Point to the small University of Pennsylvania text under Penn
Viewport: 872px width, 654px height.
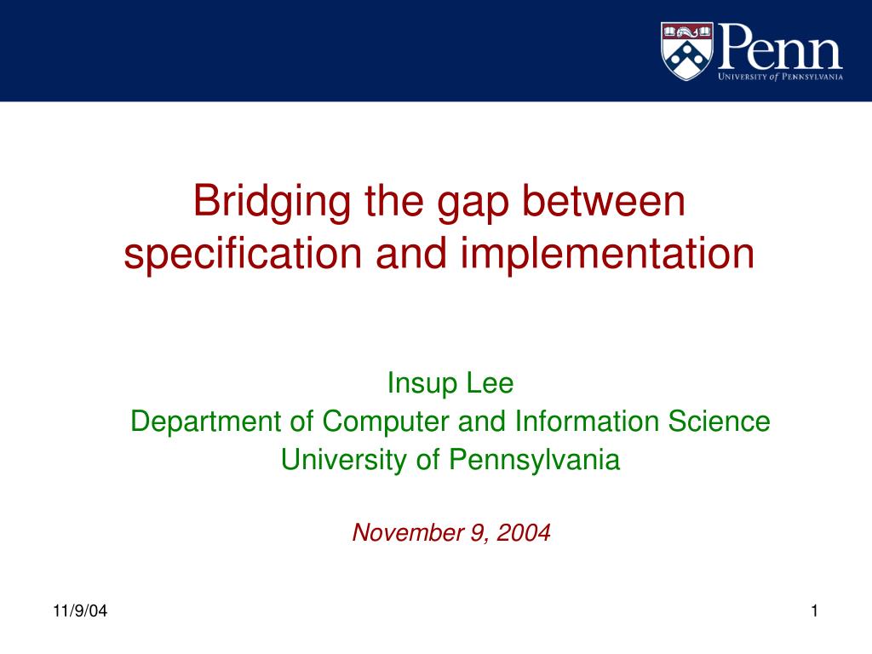(x=780, y=77)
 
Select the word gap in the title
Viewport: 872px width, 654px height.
(x=469, y=204)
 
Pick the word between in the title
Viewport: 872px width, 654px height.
(x=603, y=201)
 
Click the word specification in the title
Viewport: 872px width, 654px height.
(x=233, y=255)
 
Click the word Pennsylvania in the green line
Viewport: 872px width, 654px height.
(x=535, y=461)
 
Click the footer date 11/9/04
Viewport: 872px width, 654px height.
(x=80, y=611)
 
